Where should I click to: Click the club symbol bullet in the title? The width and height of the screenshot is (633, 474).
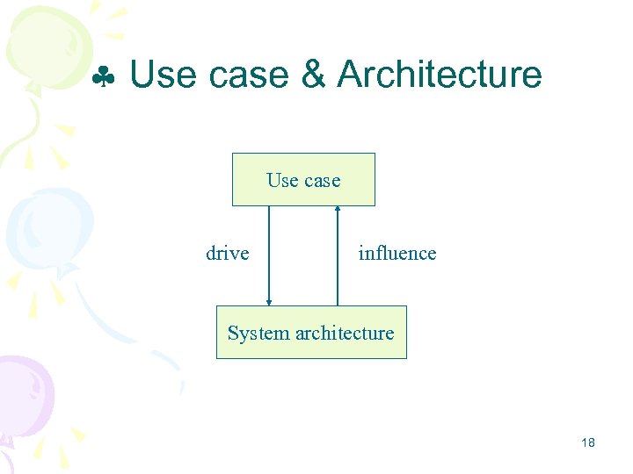point(105,78)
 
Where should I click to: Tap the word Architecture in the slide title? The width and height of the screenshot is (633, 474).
point(440,75)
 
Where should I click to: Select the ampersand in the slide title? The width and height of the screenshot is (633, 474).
point(314,75)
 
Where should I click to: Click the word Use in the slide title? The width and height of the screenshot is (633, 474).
point(164,75)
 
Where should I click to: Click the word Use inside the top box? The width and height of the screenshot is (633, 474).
point(282,181)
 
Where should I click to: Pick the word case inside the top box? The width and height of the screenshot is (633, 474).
point(321,182)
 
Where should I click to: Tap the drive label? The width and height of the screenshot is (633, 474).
point(227,254)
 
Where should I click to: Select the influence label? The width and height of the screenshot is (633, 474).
point(397,254)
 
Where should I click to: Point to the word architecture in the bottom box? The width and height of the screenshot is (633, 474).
point(345,334)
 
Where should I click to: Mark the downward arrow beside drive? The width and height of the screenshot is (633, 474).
point(269,255)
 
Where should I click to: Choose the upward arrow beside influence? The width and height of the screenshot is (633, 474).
point(338,255)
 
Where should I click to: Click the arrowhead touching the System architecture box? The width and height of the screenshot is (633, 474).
point(269,302)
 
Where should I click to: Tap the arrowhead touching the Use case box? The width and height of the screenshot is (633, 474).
point(338,209)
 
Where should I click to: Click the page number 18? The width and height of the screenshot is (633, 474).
point(588,442)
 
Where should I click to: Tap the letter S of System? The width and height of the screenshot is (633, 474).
point(233,334)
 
